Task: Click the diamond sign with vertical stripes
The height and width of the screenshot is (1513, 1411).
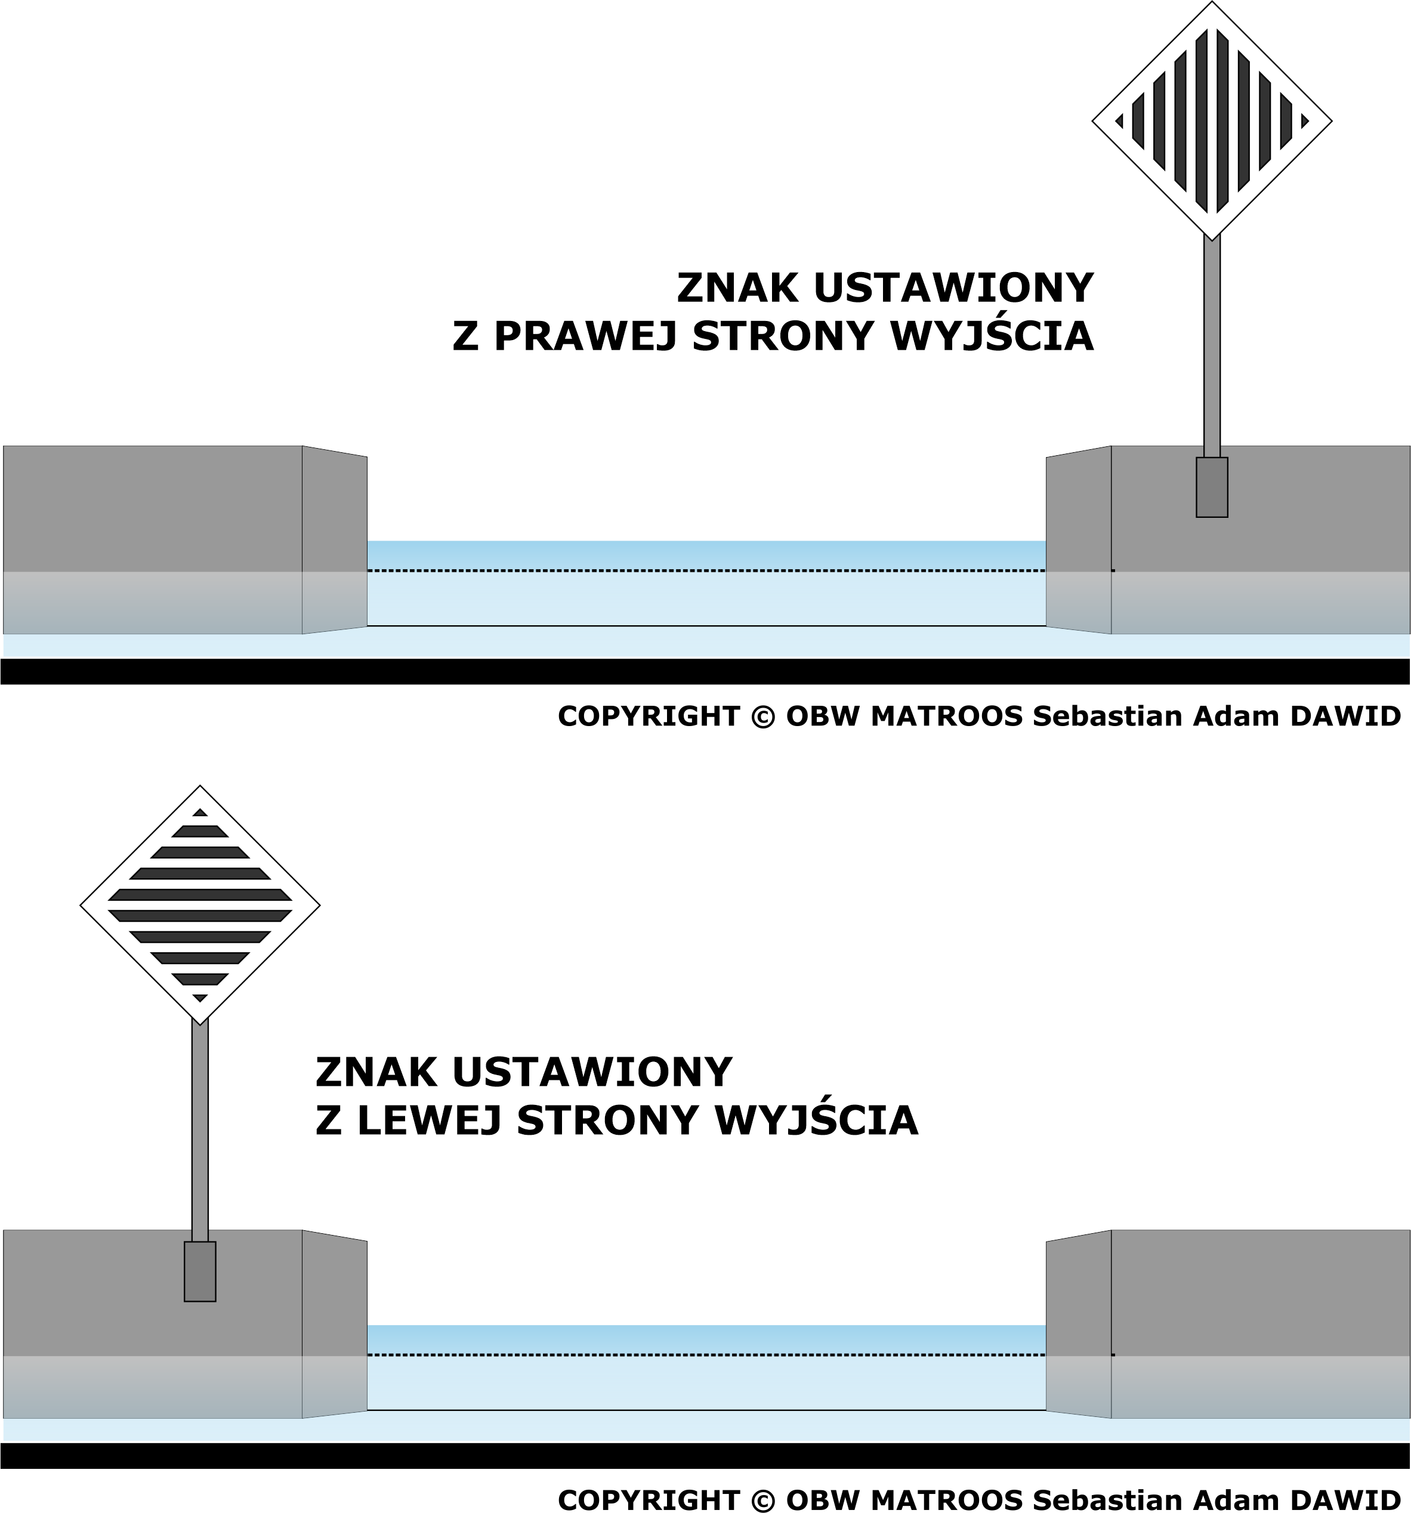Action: tap(1212, 121)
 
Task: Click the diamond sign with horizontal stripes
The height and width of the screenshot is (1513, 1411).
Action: tap(200, 905)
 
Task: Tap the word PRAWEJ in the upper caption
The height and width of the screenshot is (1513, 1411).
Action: tap(585, 336)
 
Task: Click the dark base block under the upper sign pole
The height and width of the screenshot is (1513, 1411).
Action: tap(1212, 487)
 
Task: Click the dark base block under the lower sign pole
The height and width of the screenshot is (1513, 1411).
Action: tap(200, 1272)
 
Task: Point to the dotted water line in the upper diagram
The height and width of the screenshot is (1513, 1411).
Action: tap(740, 570)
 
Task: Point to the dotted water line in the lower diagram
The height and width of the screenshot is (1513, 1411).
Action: tap(740, 1355)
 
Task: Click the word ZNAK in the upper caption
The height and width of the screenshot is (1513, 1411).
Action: tap(737, 288)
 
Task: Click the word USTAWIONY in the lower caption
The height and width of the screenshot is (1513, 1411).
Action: tap(592, 1072)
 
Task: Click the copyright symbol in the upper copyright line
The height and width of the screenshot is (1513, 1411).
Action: tap(762, 716)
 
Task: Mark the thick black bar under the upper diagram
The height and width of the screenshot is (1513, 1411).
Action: tap(705, 671)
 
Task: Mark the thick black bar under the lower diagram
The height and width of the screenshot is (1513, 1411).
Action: tap(705, 1456)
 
